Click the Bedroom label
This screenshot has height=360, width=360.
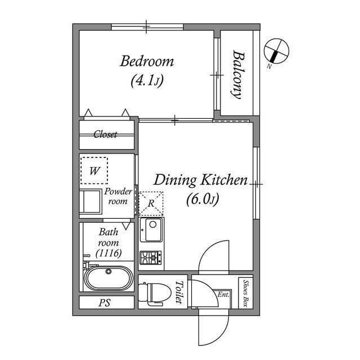147,61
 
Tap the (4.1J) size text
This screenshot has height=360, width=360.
147,80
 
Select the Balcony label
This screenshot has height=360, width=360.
237,75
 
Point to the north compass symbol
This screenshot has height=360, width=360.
276,51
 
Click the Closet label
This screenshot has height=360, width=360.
105,134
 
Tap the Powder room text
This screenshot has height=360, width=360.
118,196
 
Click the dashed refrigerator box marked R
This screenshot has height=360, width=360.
151,203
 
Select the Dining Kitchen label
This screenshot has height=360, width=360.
201,180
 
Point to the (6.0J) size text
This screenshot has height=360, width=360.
201,199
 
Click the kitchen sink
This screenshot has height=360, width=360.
152,230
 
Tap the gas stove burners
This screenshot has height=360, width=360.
151,258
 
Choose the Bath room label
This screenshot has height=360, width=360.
109,237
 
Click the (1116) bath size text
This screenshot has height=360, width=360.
109,253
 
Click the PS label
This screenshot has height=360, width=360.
105,303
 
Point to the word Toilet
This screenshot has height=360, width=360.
179,292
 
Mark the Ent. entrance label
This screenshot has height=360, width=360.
223,294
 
